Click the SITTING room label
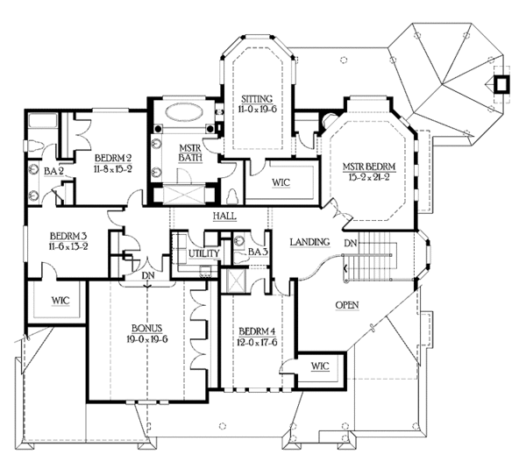pyautogui.click(x=257, y=99)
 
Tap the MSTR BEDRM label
pyautogui.click(x=369, y=167)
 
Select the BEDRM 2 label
pyautogui.click(x=113, y=158)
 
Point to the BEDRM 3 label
pyautogui.click(x=68, y=236)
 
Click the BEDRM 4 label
pyautogui.click(x=257, y=331)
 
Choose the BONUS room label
pyautogui.click(x=147, y=329)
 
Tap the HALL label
pyautogui.click(x=224, y=217)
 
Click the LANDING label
pyautogui.click(x=309, y=242)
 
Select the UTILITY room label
pyautogui.click(x=204, y=253)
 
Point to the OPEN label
pyautogui.click(x=347, y=305)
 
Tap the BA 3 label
pyautogui.click(x=257, y=252)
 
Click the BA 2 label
pyautogui.click(x=53, y=172)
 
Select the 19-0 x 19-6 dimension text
pyautogui.click(x=147, y=339)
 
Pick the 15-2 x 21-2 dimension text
pyautogui.click(x=369, y=177)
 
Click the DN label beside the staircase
pyautogui.click(x=351, y=243)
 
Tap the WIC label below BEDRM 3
pyautogui.click(x=60, y=301)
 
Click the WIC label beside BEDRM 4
pyautogui.click(x=320, y=366)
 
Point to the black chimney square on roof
pyautogui.click(x=501, y=84)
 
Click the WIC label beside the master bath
pyautogui.click(x=281, y=183)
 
